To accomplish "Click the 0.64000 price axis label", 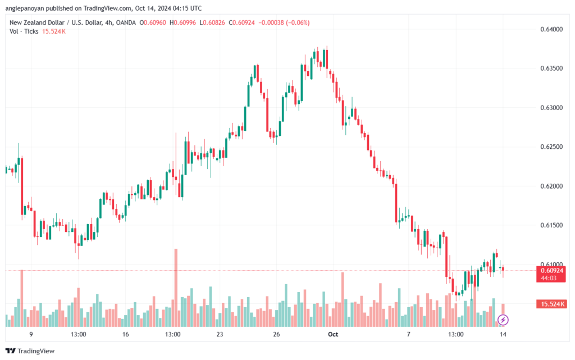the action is point(551,29).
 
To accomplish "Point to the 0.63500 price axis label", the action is point(551,69).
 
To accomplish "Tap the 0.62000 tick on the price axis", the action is point(551,186).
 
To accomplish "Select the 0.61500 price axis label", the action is point(551,225).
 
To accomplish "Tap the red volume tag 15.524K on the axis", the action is point(551,304).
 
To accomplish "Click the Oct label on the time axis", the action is point(333,334).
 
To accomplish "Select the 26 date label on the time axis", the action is point(276,334).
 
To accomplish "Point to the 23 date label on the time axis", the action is point(220,334).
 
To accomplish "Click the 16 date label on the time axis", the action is point(125,334).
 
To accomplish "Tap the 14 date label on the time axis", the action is point(503,334).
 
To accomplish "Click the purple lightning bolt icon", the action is point(503,320).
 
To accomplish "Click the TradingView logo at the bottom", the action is point(30,351).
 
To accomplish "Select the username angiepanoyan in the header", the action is point(25,8).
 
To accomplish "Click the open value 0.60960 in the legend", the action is point(155,22).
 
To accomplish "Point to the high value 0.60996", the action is point(185,22).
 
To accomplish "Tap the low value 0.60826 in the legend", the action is point(214,22).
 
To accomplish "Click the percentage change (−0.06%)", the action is point(298,22).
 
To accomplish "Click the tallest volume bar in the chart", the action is point(176,288).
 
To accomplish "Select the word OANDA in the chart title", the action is point(126,22).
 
